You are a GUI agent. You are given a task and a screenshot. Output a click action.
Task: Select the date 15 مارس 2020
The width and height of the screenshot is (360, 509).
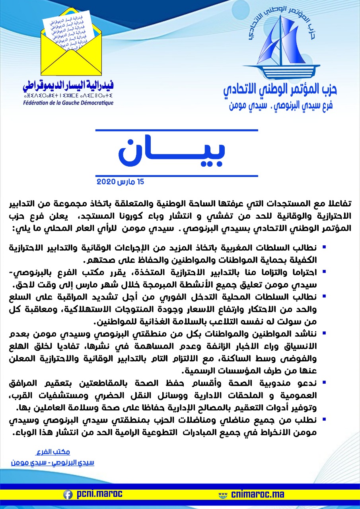coord(120,182)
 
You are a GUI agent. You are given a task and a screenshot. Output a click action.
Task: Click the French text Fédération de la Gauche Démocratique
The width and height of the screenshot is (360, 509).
coord(68,103)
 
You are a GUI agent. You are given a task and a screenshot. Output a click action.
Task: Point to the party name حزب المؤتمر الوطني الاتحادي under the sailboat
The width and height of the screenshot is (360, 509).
coord(280,89)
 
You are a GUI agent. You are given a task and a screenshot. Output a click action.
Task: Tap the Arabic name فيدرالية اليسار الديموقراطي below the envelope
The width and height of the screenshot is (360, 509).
coord(68,85)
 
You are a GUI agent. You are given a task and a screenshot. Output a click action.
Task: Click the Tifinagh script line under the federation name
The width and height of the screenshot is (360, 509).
coord(68,95)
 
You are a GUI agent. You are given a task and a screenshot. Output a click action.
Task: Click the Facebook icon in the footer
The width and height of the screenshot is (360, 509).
coord(68,494)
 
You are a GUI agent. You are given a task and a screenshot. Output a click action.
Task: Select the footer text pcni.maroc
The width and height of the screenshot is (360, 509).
coord(98,494)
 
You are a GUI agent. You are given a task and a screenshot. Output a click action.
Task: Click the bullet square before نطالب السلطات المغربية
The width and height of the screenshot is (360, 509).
coord(324,247)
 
